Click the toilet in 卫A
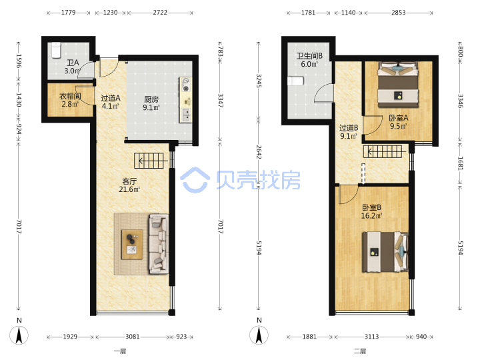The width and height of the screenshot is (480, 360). coord(56,50)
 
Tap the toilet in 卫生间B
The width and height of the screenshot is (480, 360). coord(295,81)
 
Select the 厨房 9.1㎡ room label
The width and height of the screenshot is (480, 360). coord(151,103)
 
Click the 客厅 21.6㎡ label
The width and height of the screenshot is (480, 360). coord(129,185)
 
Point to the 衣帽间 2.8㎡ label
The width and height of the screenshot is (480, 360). coord(70,100)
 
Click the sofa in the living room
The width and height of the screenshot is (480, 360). coord(158,244)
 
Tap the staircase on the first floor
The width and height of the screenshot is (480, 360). coord(149,161)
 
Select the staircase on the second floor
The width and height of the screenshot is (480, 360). coord(383,151)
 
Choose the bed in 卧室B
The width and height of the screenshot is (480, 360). coord(385,252)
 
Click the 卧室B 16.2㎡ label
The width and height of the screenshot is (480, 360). coord(371,211)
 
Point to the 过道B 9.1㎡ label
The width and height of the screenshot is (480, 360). coord(349,132)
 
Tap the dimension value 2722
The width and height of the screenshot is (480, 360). coord(160,13)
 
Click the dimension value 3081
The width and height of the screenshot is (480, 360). coord(133,337)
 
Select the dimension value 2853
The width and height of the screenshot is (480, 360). coord(398,13)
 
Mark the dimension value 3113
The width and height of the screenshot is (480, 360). coord(371,337)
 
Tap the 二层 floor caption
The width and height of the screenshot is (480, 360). coord(360,351)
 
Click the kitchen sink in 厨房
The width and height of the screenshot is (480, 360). coord(186,115)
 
